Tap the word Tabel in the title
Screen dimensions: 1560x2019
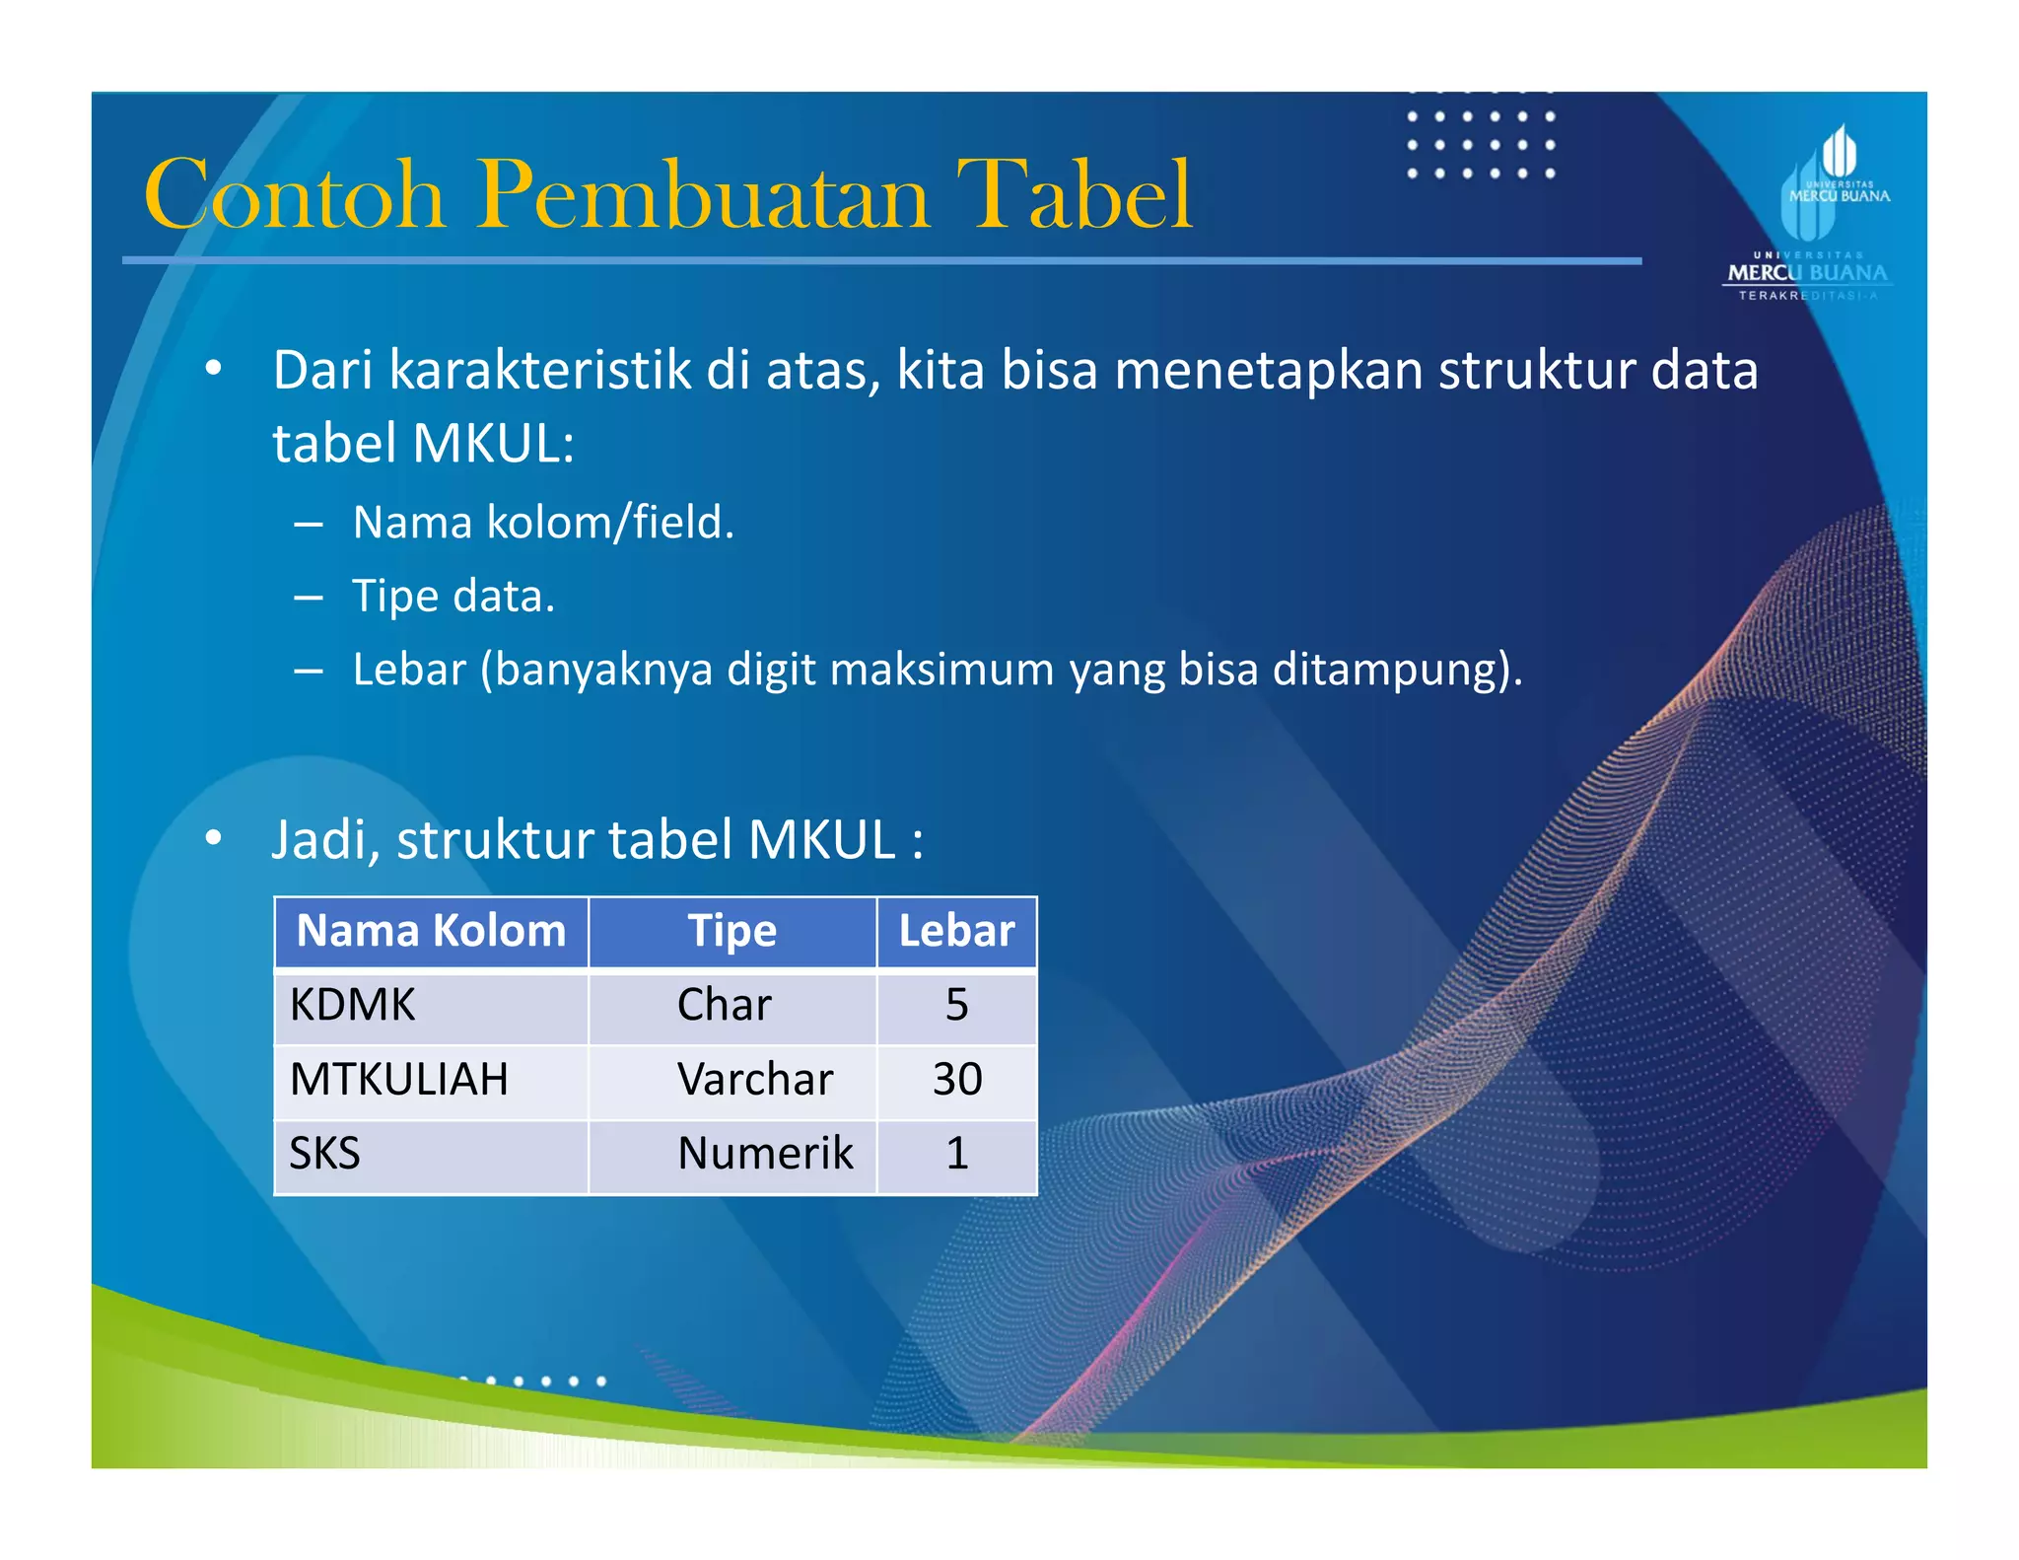(x=1074, y=194)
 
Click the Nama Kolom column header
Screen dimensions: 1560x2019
(x=431, y=931)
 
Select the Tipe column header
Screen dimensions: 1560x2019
(x=731, y=931)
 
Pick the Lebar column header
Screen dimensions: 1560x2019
(x=956, y=931)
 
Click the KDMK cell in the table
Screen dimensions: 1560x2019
(x=352, y=1005)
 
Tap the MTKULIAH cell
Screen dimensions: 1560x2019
(x=398, y=1079)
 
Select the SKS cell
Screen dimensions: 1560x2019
(x=324, y=1153)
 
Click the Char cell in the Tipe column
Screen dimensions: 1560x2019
(x=725, y=1005)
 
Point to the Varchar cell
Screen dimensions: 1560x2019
(x=755, y=1079)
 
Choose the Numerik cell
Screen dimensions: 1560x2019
(x=765, y=1153)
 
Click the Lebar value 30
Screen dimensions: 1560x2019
(x=957, y=1079)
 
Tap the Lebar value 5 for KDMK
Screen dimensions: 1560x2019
(x=956, y=1005)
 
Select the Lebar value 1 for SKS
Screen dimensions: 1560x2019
(x=956, y=1153)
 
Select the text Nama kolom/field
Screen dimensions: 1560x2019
(x=543, y=523)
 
